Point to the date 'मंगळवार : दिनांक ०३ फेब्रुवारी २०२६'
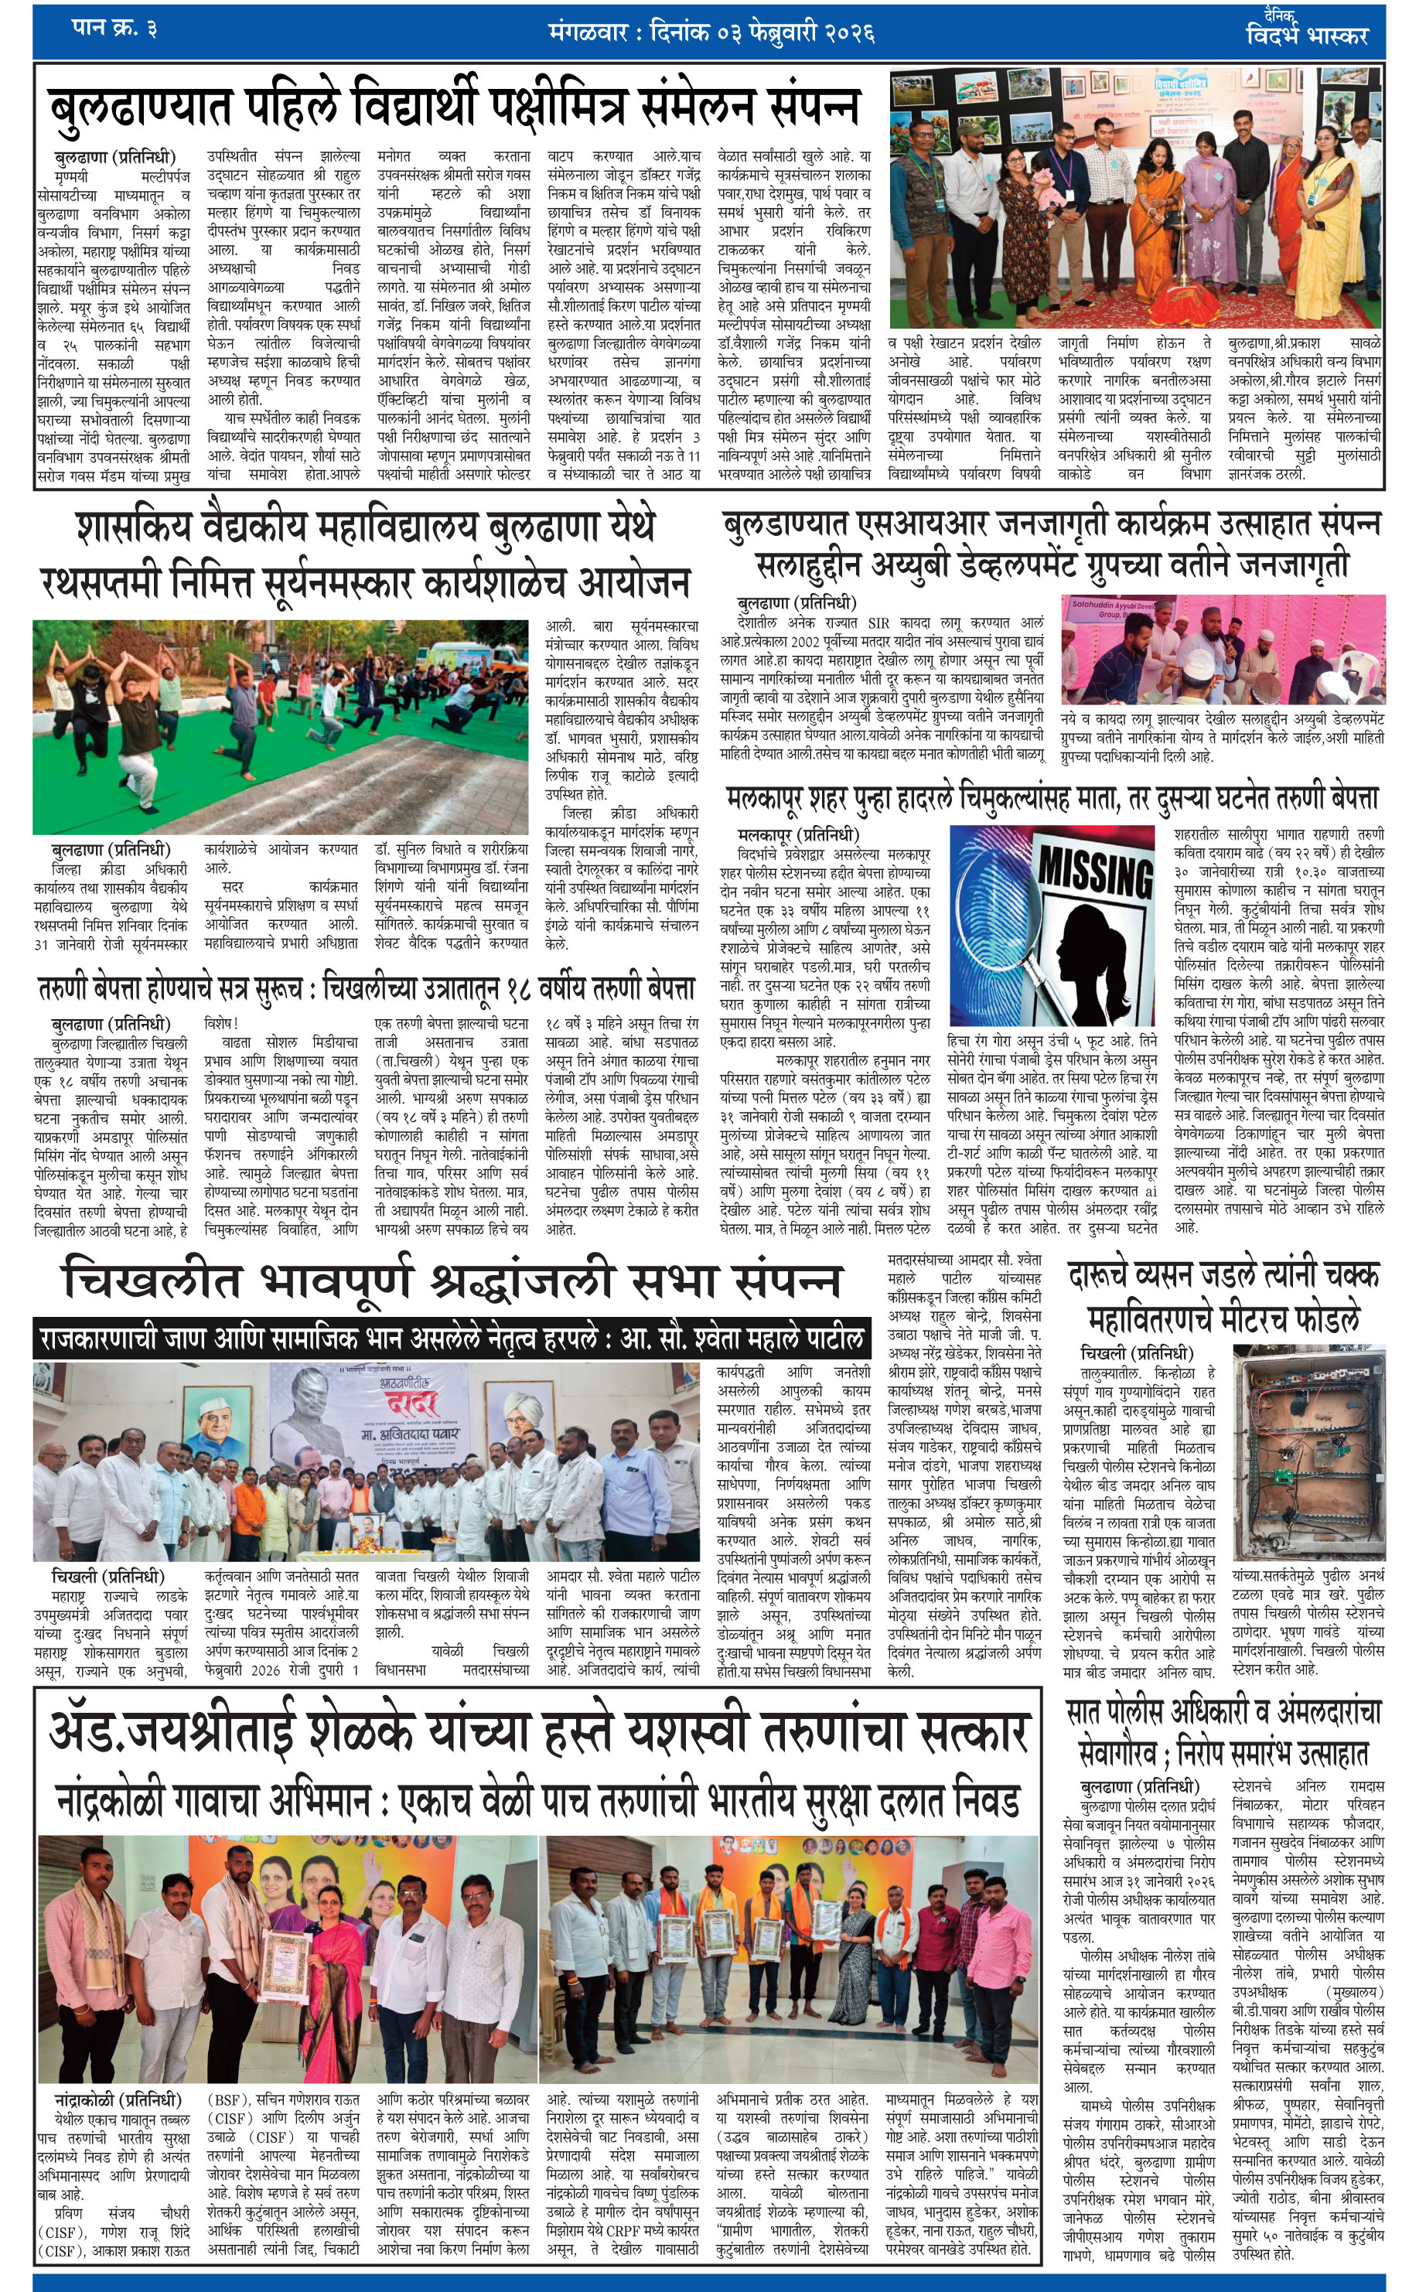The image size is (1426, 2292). click(711, 33)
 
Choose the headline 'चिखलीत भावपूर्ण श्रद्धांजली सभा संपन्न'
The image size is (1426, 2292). click(451, 1281)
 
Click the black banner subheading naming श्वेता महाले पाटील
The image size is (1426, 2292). click(451, 1339)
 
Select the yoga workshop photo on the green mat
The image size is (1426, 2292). click(280, 726)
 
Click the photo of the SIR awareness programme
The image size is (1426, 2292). click(1223, 650)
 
